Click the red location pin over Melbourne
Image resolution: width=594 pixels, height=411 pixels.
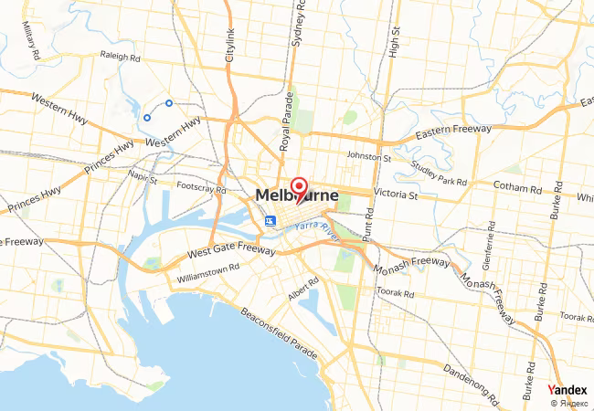pos(298,188)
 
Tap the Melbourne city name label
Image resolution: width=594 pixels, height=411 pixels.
pos(297,196)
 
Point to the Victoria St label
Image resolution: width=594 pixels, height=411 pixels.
pos(395,195)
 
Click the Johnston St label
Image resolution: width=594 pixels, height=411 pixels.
pos(369,157)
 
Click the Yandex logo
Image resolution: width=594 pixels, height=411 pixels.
pos(567,390)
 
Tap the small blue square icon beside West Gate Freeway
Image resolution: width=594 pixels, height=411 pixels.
pos(270,221)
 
